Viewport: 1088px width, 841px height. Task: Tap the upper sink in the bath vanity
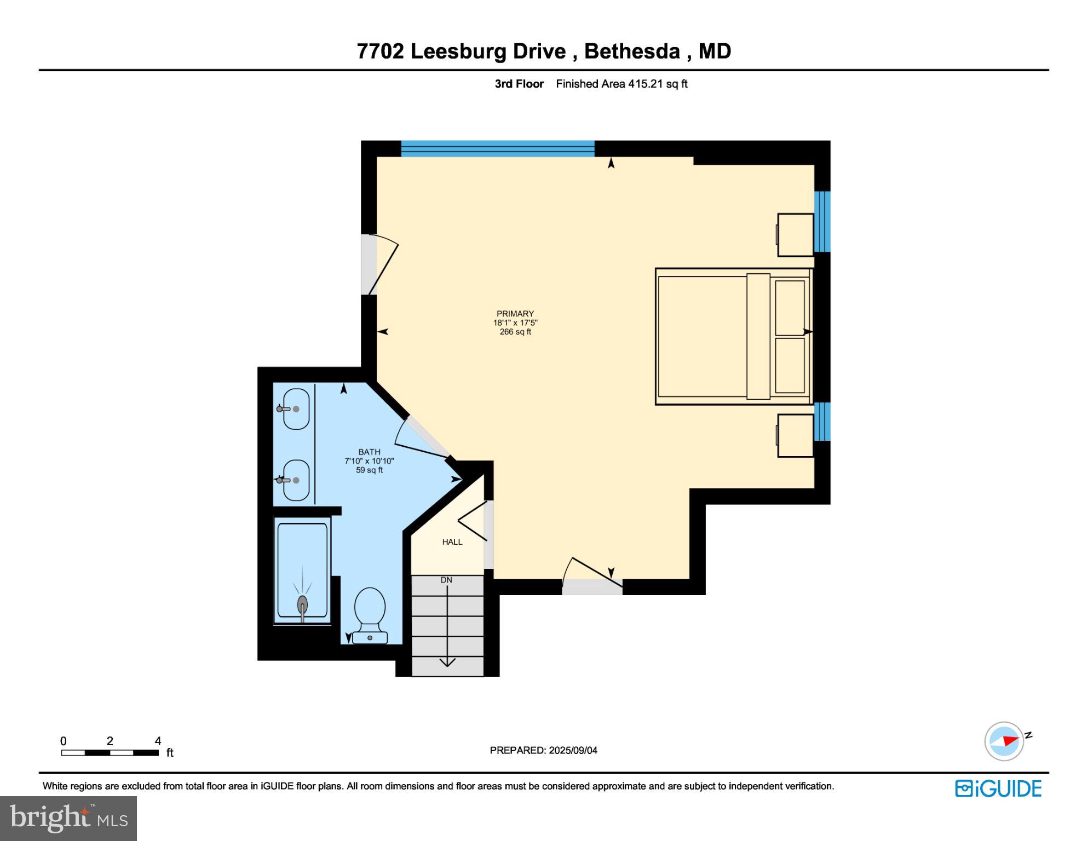(x=296, y=408)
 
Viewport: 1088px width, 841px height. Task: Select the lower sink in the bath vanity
(x=296, y=480)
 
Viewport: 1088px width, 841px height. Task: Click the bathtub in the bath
(x=302, y=569)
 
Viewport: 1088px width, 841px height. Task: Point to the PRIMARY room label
(x=515, y=314)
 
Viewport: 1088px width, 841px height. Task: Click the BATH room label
(x=369, y=452)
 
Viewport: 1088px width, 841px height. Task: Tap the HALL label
(x=452, y=542)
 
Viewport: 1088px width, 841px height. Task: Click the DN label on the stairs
(x=446, y=580)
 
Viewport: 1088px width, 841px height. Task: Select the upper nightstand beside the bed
(x=795, y=234)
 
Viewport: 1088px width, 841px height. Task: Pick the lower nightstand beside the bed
(x=795, y=435)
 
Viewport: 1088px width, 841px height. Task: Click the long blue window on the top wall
(x=497, y=148)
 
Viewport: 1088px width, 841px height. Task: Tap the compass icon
(x=1004, y=741)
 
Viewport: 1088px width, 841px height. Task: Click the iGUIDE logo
(x=998, y=788)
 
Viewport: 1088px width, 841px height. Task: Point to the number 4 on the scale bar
(x=158, y=741)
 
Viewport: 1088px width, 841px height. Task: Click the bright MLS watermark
(x=68, y=818)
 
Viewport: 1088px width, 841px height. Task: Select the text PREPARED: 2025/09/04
(x=543, y=750)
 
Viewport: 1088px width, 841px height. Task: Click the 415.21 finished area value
(x=645, y=84)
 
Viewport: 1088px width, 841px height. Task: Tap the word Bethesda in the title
(x=632, y=51)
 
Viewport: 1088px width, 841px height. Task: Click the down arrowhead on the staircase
(x=447, y=663)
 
